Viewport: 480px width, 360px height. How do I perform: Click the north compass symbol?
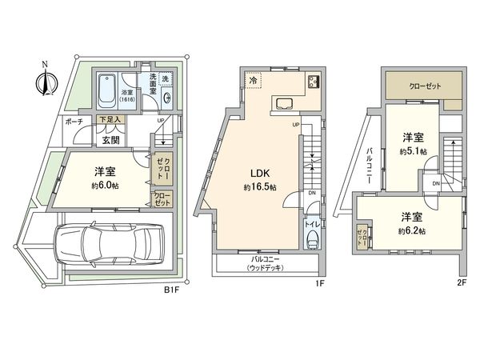(45, 80)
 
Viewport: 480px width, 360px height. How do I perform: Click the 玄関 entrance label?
(110, 141)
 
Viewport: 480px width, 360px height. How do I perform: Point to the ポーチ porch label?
(74, 123)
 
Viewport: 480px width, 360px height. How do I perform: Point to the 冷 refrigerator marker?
(254, 81)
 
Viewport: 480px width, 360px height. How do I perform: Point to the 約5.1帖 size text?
(414, 150)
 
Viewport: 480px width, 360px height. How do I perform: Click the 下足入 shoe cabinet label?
(110, 120)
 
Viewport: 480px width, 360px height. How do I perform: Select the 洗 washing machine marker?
(164, 79)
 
